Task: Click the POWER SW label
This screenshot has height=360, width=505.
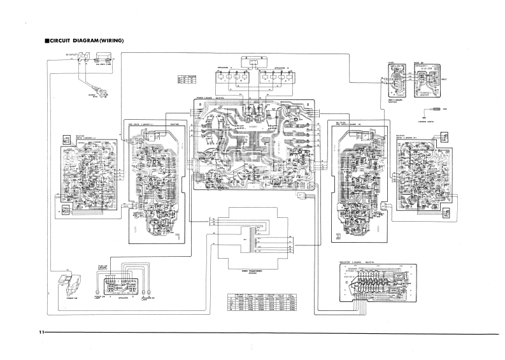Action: click(64, 296)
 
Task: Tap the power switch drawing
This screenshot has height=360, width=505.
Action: click(66, 281)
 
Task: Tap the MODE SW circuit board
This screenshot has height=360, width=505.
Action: click(425, 81)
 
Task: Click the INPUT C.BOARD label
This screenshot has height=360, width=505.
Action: click(397, 101)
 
